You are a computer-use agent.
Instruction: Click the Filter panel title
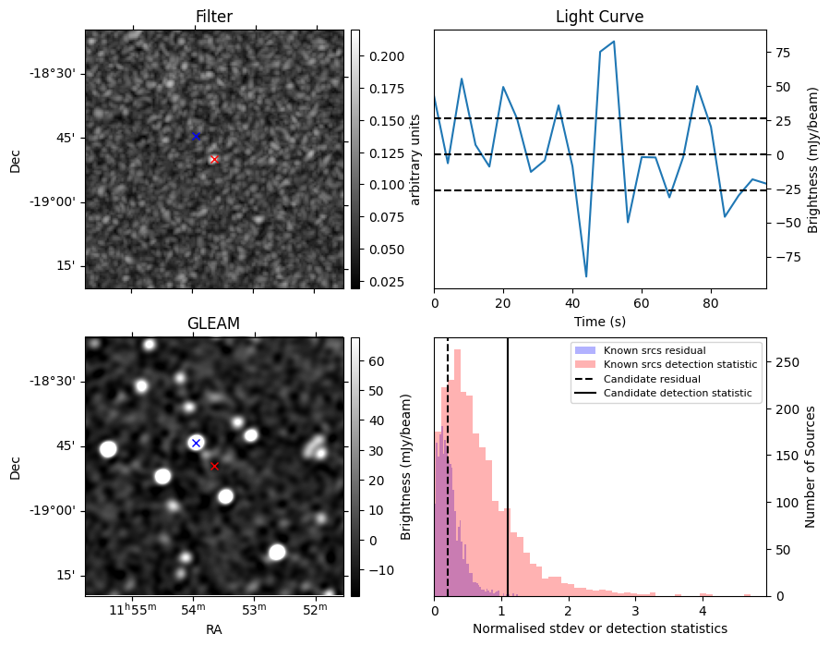tap(214, 17)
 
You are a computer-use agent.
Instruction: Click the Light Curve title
tap(599, 17)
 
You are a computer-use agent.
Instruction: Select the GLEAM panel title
tap(214, 323)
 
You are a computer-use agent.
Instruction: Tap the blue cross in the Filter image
tap(196, 137)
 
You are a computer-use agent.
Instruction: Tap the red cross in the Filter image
tap(214, 159)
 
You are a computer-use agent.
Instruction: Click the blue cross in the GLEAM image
tap(196, 444)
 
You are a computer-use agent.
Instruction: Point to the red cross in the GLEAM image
tap(214, 466)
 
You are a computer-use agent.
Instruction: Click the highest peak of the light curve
tap(614, 42)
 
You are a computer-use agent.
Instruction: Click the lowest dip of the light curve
tap(586, 276)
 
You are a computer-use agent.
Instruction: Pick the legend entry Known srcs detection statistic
tap(680, 365)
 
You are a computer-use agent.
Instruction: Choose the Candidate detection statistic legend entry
tap(677, 394)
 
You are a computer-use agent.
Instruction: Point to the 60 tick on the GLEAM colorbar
tap(374, 361)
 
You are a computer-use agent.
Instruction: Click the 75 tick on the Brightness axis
tap(779, 54)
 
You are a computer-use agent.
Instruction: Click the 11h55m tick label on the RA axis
tap(131, 609)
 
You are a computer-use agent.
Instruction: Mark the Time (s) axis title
tap(599, 321)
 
